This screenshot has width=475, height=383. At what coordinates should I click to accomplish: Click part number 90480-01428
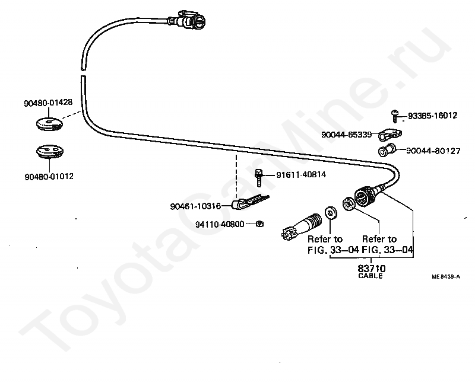click(48, 103)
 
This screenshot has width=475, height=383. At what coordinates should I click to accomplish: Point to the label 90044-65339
click(346, 135)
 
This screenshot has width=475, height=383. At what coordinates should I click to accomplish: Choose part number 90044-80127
click(433, 151)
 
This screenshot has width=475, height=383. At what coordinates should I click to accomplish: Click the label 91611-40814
click(301, 175)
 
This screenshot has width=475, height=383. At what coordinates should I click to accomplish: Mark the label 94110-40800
click(220, 225)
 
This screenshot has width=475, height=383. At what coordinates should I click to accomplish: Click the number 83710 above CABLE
click(372, 269)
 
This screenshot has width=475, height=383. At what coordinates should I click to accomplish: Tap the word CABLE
click(370, 276)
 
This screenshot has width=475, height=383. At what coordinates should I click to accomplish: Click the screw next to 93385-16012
click(395, 116)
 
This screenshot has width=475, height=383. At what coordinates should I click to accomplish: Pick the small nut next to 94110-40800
click(259, 224)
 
